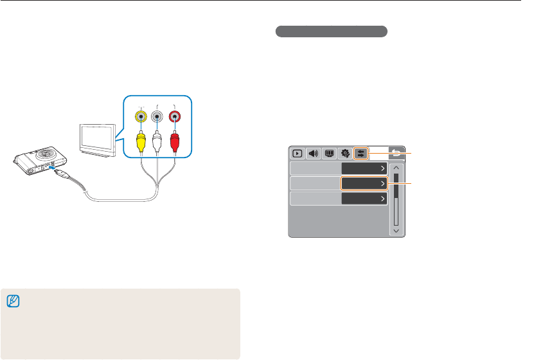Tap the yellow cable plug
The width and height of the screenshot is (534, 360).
point(141,142)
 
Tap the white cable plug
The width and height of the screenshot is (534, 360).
point(157,142)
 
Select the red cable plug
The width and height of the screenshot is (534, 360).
point(174,142)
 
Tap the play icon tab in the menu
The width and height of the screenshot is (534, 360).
point(298,154)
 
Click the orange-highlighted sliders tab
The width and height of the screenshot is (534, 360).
point(360,154)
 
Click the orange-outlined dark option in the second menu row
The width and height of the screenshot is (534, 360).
point(364,184)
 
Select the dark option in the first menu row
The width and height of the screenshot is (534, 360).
point(364,168)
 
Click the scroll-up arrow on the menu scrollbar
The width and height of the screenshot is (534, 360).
point(396,169)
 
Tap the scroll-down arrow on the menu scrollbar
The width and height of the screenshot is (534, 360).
point(396,230)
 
